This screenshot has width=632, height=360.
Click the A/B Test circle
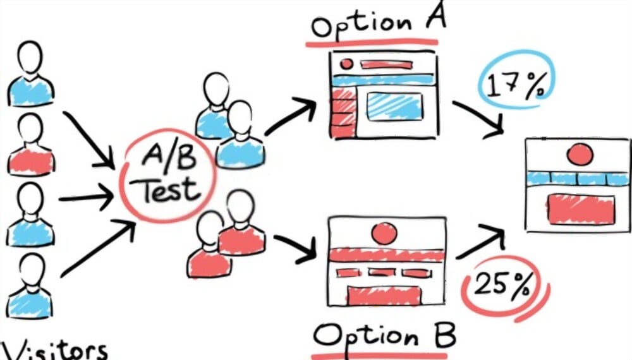(167, 176)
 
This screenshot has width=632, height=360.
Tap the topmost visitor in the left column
(30, 74)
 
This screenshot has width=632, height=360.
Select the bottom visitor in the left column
(30, 286)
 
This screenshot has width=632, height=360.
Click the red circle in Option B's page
(384, 234)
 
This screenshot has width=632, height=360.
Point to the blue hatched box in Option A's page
(394, 106)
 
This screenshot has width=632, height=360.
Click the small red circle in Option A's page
(346, 64)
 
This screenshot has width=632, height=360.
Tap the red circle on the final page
(580, 155)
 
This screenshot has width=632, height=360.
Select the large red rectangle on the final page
(581, 209)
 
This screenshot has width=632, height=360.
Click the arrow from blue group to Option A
(290, 116)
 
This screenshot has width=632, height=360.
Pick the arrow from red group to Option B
(295, 248)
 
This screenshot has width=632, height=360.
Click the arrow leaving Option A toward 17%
(479, 119)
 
